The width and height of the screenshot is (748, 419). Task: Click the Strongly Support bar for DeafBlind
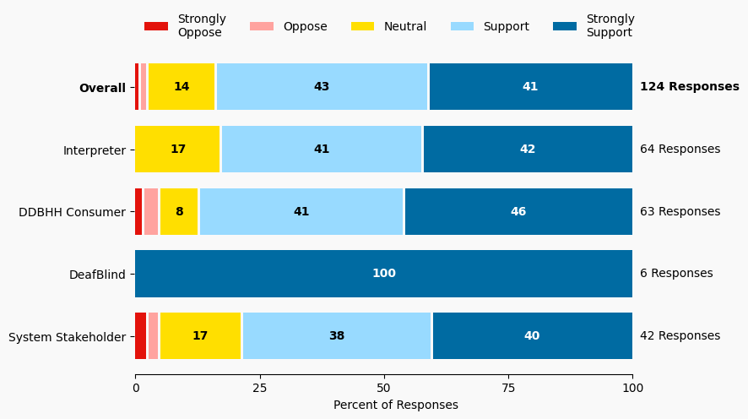(384, 274)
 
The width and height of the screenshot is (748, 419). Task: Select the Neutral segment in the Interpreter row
(178, 150)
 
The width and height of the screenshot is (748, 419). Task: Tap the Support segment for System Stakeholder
(337, 336)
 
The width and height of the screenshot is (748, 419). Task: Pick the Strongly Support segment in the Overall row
(530, 87)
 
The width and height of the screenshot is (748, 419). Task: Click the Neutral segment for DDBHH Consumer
(179, 212)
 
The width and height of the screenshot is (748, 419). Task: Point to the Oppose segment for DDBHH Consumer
(151, 212)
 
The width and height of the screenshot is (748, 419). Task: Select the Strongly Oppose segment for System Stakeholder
(141, 336)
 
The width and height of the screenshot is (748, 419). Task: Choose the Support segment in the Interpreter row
(322, 150)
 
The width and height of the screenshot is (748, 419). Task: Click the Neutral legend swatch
(363, 26)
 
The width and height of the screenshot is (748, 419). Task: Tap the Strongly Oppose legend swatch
(156, 26)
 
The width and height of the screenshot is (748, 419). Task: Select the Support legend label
(506, 26)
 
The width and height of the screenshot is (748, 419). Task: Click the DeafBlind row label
(97, 275)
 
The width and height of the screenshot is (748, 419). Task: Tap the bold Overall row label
(102, 88)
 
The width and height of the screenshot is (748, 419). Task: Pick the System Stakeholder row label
(67, 337)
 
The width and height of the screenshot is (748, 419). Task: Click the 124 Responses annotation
(690, 87)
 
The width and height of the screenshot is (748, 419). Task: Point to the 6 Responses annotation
(676, 274)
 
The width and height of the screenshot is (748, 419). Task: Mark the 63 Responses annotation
(680, 212)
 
